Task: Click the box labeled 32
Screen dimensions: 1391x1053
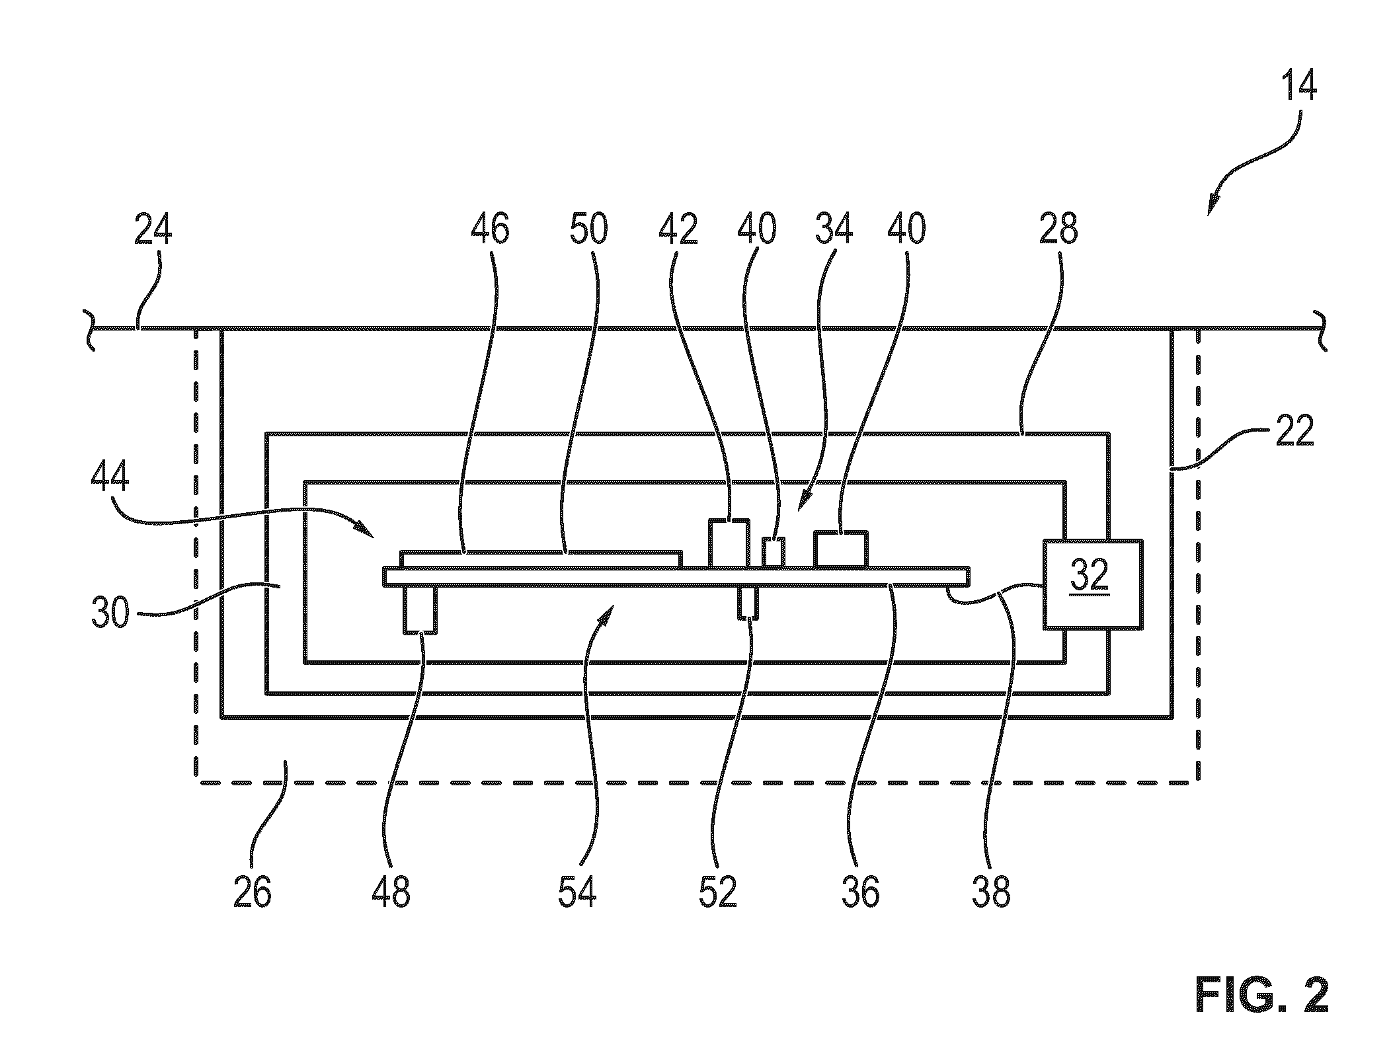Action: (x=1092, y=584)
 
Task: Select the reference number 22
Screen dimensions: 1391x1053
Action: (x=1294, y=432)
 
